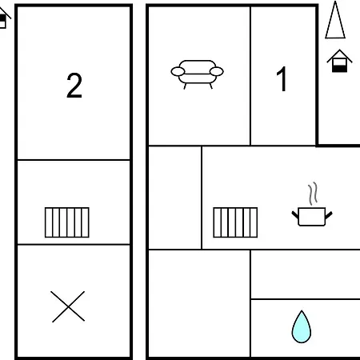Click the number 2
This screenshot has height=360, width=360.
click(74, 86)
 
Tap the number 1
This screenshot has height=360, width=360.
click(282, 79)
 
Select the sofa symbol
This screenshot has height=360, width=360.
click(198, 74)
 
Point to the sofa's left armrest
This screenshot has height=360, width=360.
click(178, 71)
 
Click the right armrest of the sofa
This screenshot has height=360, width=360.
click(217, 71)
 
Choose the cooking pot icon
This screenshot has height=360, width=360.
click(312, 216)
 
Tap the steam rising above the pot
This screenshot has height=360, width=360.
click(313, 194)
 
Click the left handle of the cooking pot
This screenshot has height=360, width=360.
click(295, 214)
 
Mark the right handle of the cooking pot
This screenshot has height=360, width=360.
click(329, 214)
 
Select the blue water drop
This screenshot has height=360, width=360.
click(302, 327)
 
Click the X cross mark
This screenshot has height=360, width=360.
click(68, 307)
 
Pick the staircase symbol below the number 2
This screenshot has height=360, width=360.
click(67, 222)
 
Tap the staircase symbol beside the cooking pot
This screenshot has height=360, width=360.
click(235, 222)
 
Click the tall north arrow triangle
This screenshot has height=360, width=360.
click(335, 20)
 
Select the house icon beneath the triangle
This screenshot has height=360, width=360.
click(339, 61)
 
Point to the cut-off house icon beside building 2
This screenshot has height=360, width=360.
click(3, 18)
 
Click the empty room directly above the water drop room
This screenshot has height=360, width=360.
click(306, 274)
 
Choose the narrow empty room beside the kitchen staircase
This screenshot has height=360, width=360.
click(174, 198)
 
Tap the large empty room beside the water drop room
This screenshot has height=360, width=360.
click(199, 303)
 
